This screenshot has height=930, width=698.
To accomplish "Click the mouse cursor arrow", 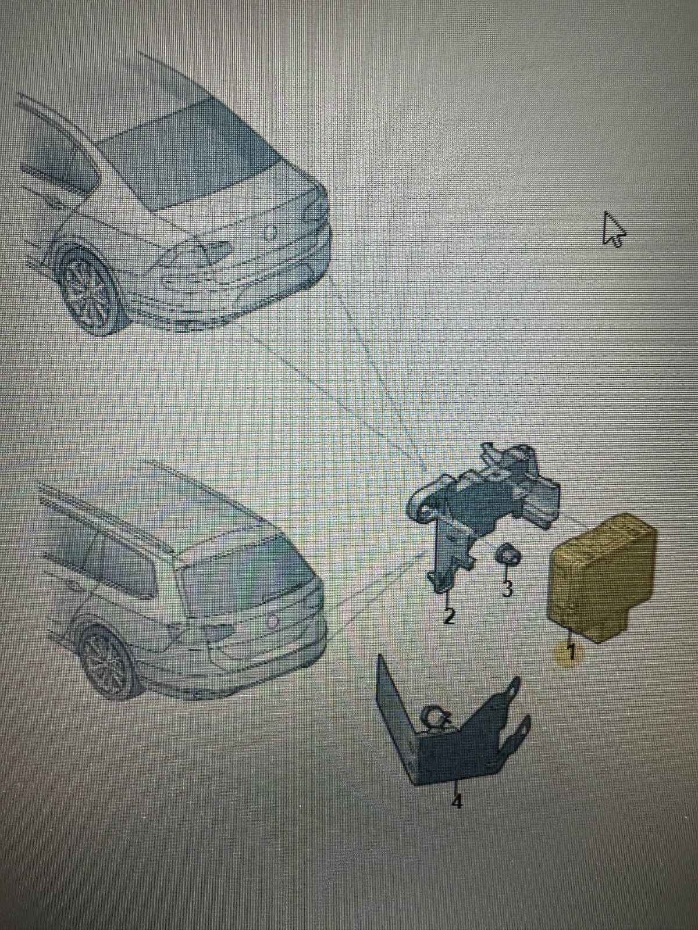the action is [x=612, y=229].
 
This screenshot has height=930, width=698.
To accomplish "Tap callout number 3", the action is [x=506, y=588].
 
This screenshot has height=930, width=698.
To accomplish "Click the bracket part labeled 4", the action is [x=450, y=720].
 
